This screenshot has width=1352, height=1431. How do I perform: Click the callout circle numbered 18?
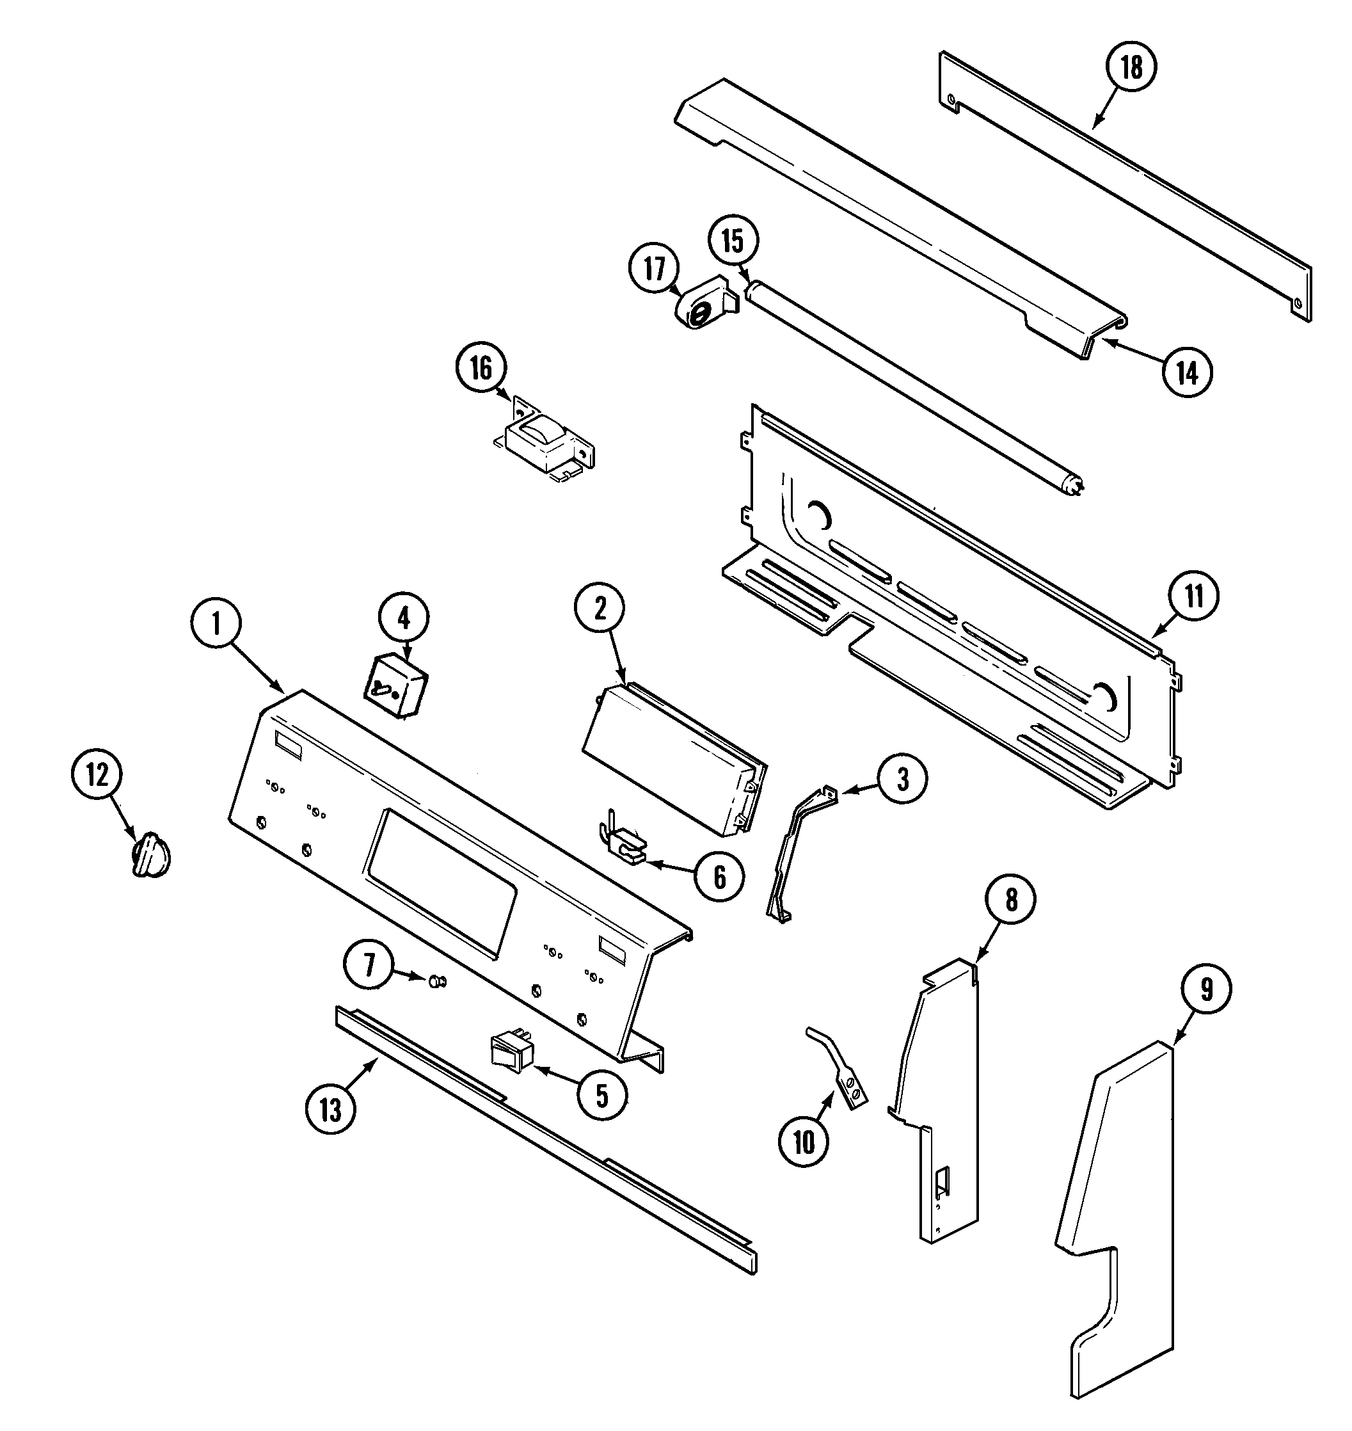pos(1131,67)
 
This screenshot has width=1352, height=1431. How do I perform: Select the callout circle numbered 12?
pos(97,776)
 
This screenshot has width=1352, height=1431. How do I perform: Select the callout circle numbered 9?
pos(1206,990)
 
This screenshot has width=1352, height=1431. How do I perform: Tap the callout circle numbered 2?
pos(600,609)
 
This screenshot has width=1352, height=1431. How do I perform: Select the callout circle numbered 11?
pos(1194,597)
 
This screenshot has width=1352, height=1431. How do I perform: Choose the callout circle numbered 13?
pos(330,1110)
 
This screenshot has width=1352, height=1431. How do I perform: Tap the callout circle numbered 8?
pos(1011,900)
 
